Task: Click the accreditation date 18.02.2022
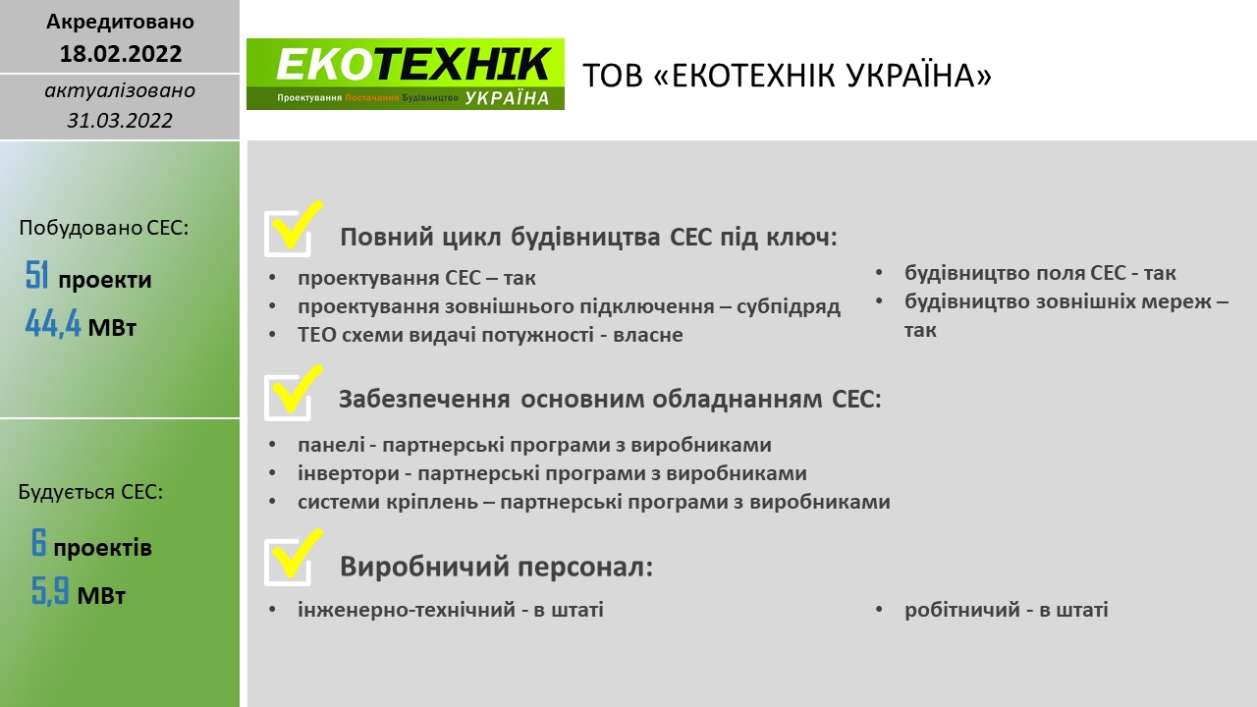click(121, 54)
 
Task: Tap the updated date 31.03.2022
click(120, 120)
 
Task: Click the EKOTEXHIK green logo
click(406, 74)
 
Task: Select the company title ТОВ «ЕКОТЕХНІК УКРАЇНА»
click(788, 76)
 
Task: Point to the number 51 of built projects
click(37, 275)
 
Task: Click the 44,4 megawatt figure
click(53, 323)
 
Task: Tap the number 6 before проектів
click(38, 543)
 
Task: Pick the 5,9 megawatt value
click(50, 591)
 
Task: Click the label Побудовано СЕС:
click(104, 228)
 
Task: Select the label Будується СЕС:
click(91, 492)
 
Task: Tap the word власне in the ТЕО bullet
click(648, 335)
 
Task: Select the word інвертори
click(349, 473)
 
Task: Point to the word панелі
click(331, 445)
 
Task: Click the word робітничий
click(962, 610)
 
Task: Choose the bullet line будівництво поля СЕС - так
click(1040, 273)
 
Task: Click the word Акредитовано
click(120, 22)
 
